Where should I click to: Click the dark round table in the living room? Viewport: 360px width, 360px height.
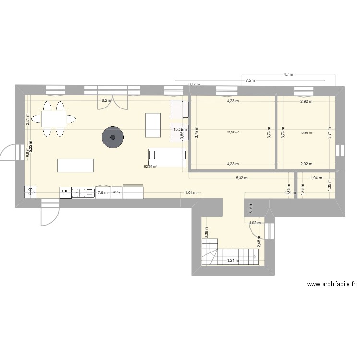[113, 137]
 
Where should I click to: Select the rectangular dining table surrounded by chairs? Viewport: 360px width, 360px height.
[53, 118]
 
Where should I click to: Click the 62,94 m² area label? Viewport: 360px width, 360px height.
[151, 167]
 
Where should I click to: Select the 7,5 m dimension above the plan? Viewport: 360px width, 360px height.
[250, 81]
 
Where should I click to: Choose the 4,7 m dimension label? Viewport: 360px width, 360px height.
[288, 75]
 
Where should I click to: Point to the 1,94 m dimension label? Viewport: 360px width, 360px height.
[316, 178]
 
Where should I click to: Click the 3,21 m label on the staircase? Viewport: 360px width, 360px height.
[233, 261]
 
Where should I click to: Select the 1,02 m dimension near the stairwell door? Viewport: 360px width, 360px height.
[255, 223]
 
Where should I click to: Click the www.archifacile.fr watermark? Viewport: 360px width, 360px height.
[331, 284]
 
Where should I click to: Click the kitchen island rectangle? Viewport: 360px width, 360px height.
[75, 165]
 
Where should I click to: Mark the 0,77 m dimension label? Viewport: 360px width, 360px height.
[194, 84]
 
